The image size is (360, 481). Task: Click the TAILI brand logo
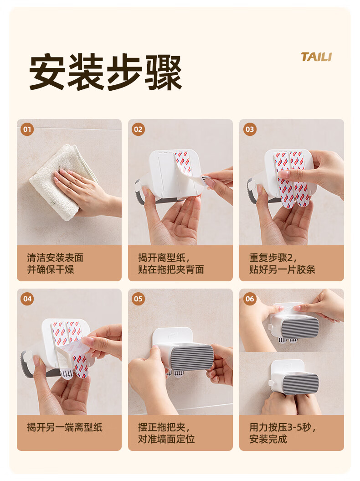click(316, 57)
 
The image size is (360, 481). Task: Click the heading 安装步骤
click(105, 72)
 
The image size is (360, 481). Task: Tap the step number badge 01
click(27, 129)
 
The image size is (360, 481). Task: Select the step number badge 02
click(138, 129)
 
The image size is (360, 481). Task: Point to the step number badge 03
click(250, 129)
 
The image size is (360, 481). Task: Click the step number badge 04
click(27, 299)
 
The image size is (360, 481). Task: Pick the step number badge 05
click(138, 299)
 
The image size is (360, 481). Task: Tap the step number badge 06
click(250, 299)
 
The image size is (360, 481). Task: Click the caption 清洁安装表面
click(55, 258)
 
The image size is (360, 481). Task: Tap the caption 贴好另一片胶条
click(282, 269)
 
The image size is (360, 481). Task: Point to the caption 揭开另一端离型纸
click(65, 427)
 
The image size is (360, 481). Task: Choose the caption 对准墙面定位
click(166, 439)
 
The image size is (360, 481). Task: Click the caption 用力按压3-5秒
click(282, 427)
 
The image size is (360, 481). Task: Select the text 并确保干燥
click(51, 269)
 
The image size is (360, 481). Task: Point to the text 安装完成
click(268, 439)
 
